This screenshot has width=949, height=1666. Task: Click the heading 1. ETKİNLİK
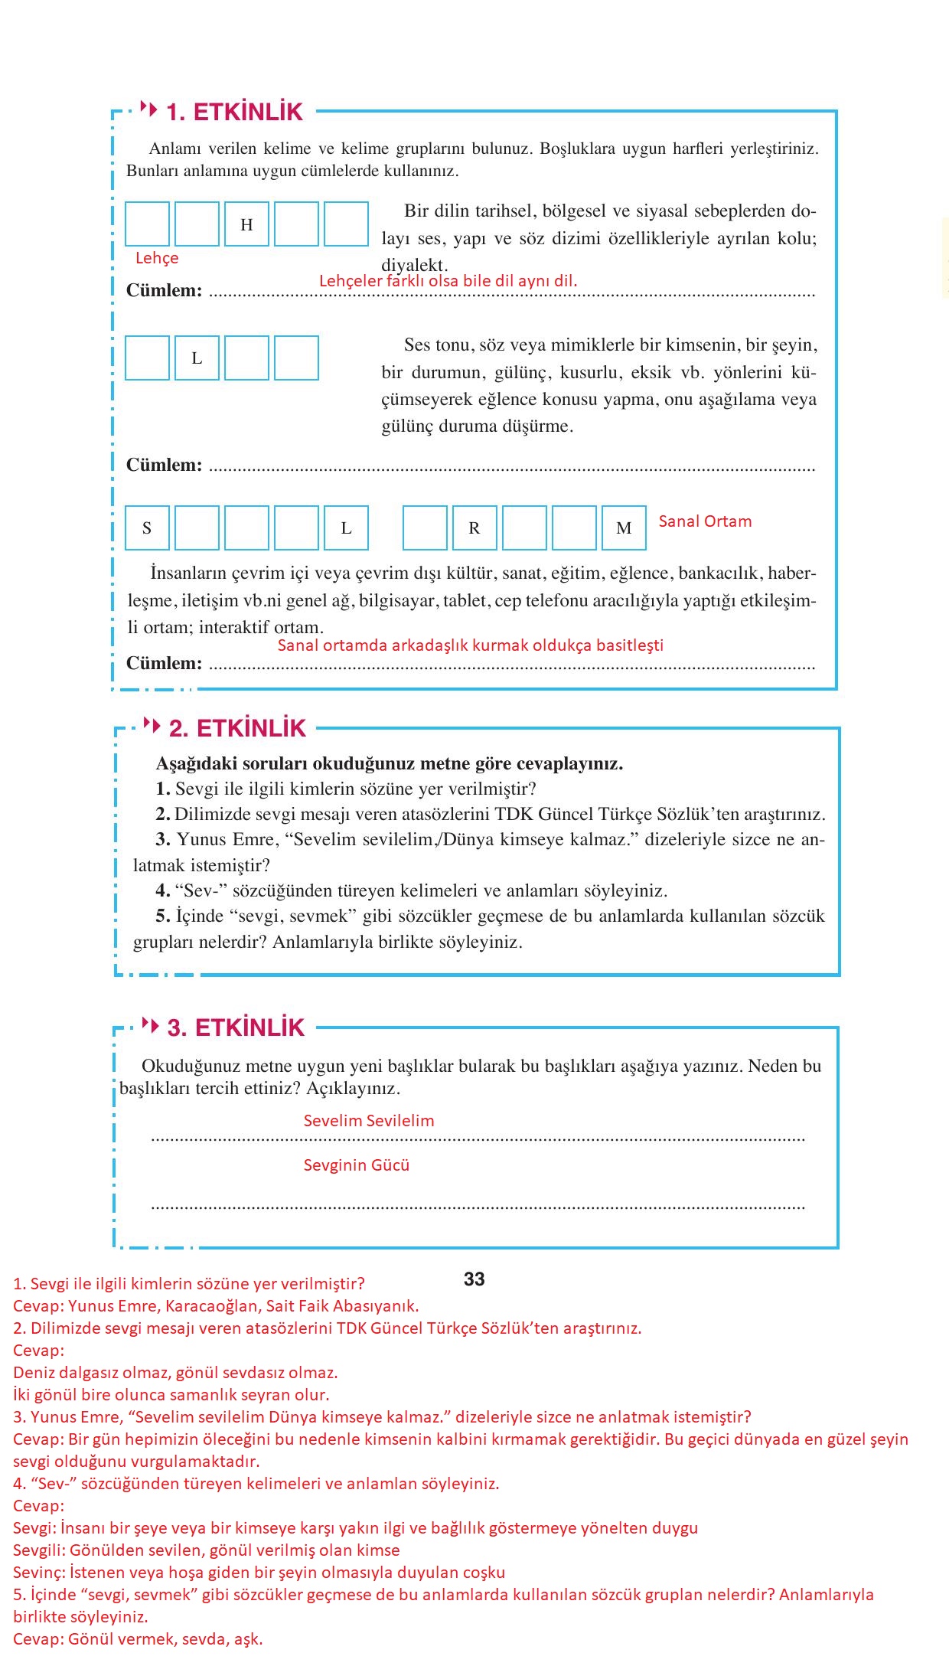(x=234, y=112)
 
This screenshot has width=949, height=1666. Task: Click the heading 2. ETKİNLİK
(x=237, y=728)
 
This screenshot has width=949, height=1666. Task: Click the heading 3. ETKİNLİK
(x=236, y=1027)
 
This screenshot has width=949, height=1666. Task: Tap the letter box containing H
(x=246, y=224)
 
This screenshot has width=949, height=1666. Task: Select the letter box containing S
(x=147, y=528)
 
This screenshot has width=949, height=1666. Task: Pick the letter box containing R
(x=475, y=528)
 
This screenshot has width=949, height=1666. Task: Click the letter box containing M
(x=624, y=528)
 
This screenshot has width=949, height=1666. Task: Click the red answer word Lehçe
(x=157, y=258)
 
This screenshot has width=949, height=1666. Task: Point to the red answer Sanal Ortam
(x=705, y=521)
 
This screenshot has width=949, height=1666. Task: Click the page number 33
(x=475, y=1279)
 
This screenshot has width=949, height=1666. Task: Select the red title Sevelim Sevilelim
(x=369, y=1121)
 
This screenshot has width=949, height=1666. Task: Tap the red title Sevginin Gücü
(x=357, y=1165)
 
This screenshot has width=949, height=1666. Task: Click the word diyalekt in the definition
(x=414, y=266)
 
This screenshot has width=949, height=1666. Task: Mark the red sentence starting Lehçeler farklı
(x=448, y=281)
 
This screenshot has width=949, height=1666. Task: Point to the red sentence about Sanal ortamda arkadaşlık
(x=470, y=645)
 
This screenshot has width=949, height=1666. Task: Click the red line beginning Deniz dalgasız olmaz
(x=175, y=1372)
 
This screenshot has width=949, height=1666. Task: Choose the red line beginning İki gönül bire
(x=171, y=1394)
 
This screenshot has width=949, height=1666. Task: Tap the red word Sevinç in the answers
(x=38, y=1573)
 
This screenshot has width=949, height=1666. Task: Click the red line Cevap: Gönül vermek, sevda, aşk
(x=138, y=1639)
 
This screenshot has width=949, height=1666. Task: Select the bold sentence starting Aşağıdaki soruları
(x=389, y=763)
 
